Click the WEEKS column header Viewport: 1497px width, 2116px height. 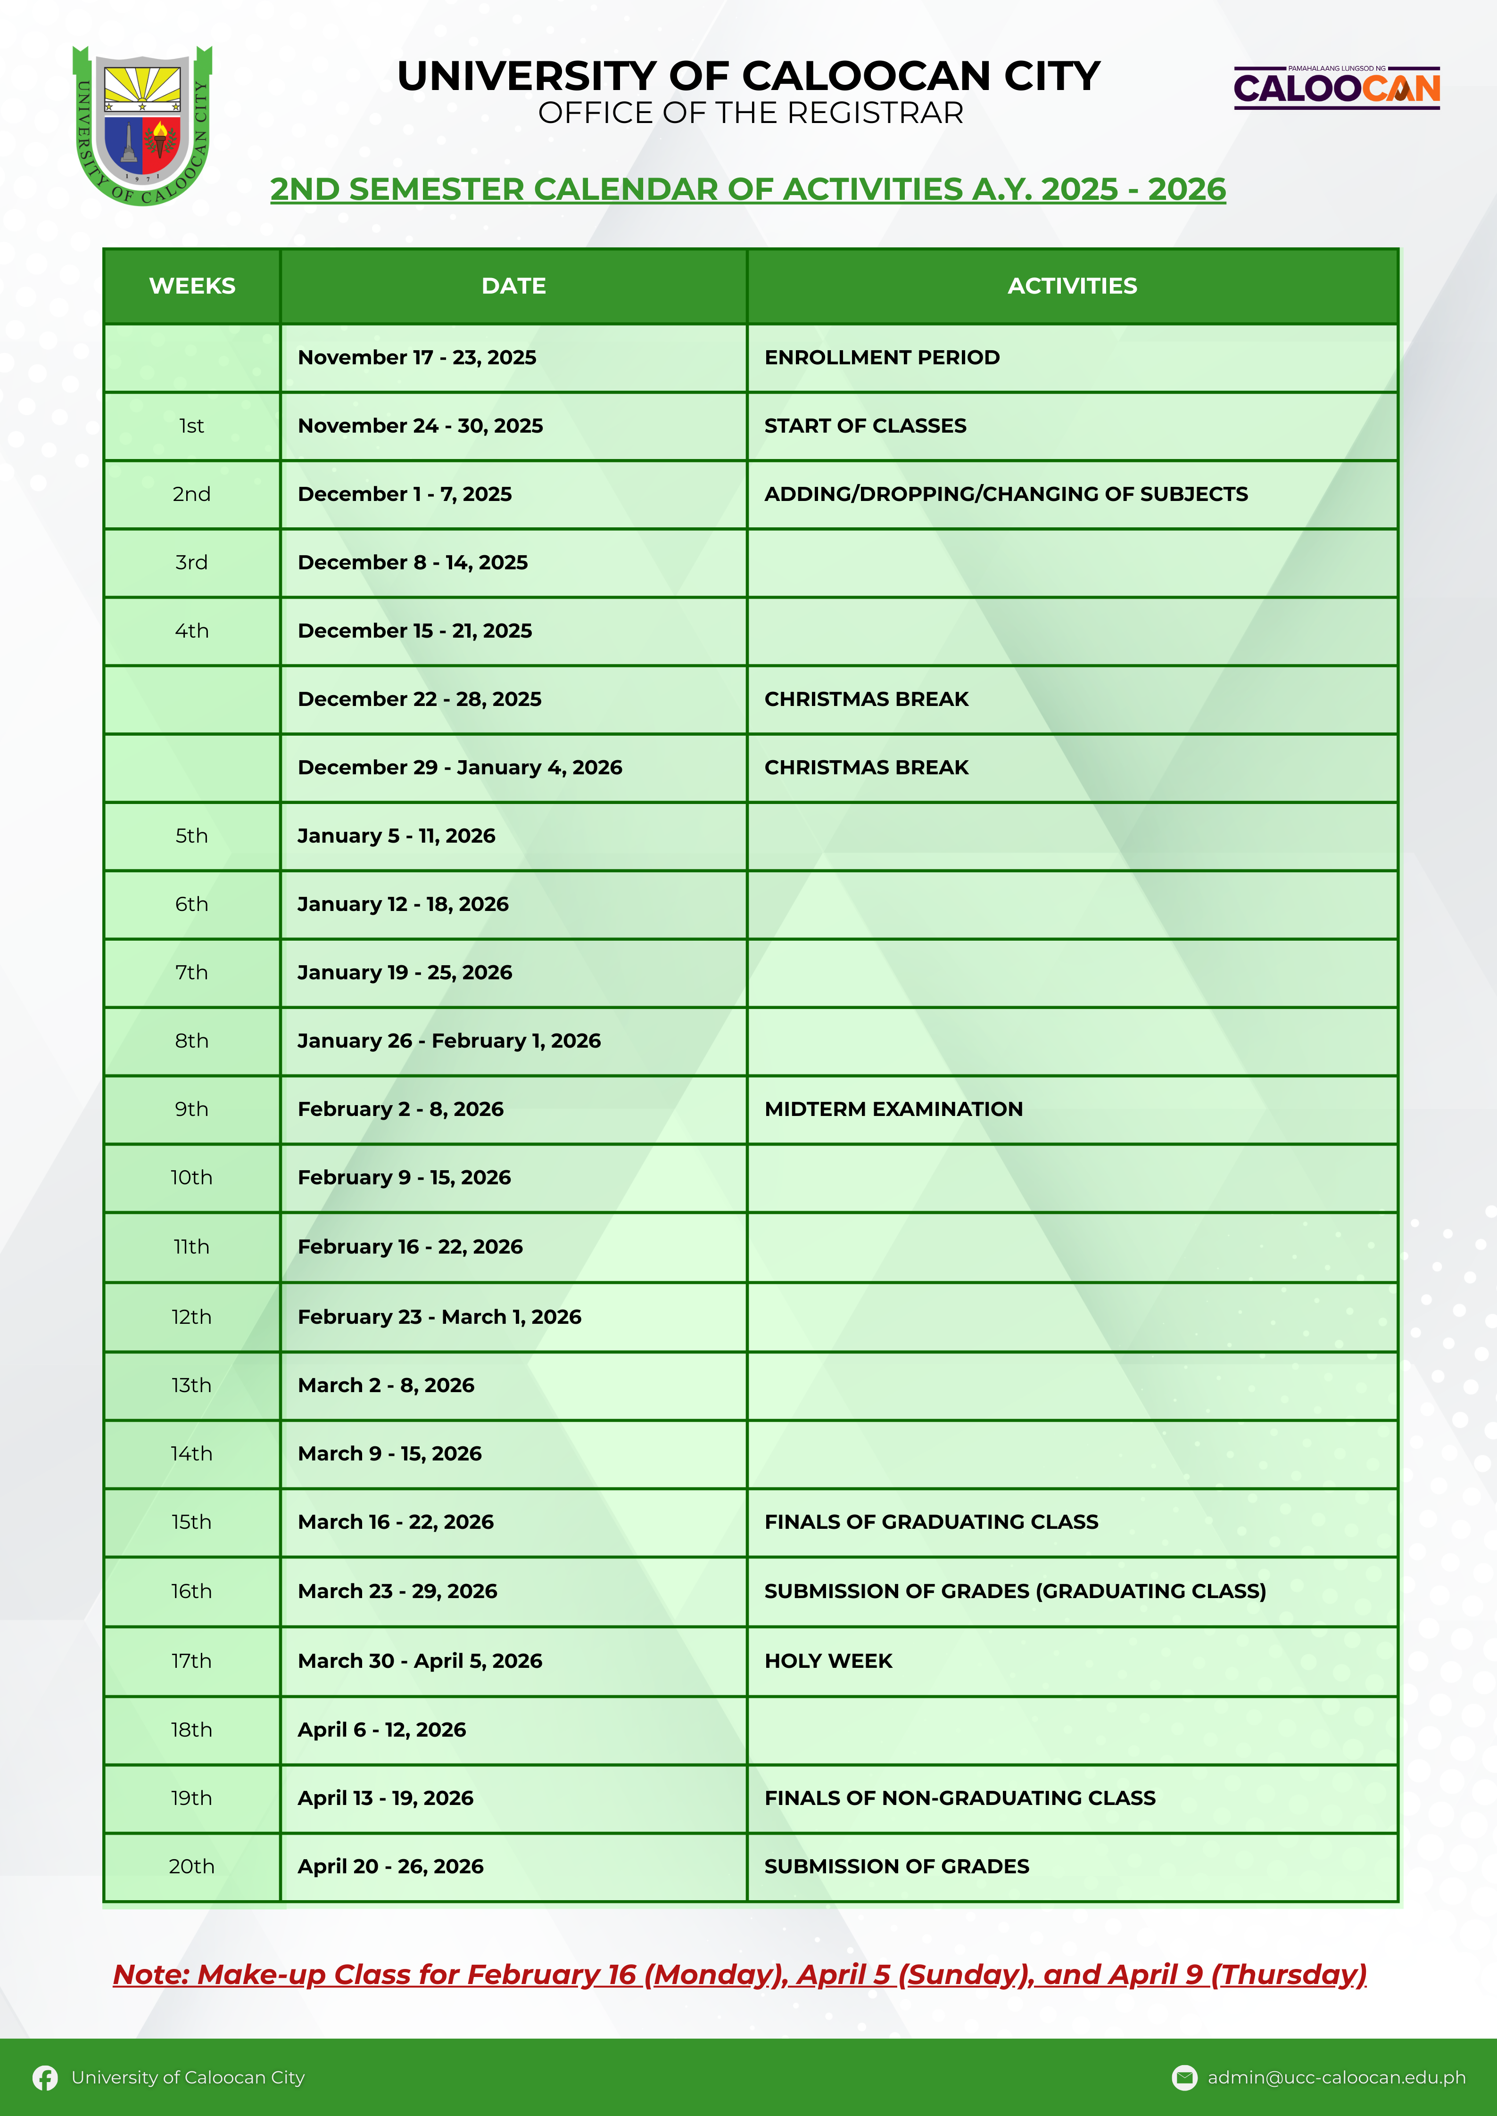coord(192,286)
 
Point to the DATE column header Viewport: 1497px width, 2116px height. coord(513,286)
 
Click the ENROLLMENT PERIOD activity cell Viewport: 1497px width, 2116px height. coord(881,358)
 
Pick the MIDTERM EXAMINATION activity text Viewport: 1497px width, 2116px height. coord(893,1109)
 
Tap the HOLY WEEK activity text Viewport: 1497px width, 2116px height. coord(828,1661)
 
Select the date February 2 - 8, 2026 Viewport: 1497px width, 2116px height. coord(400,1109)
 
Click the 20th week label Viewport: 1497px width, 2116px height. coord(192,1866)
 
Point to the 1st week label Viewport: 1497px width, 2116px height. coord(192,426)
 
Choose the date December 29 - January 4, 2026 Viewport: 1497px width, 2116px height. coord(459,768)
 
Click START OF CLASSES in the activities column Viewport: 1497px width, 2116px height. coord(865,426)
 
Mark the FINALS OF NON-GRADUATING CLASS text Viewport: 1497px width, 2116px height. coord(959,1798)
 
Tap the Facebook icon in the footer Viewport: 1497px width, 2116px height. coord(44,2077)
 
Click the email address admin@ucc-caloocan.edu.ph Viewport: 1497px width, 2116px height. coord(1336,2077)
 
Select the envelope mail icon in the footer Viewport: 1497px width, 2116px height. coord(1183,2077)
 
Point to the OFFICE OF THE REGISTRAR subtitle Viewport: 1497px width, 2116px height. coord(750,114)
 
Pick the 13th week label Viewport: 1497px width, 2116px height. coord(192,1385)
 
